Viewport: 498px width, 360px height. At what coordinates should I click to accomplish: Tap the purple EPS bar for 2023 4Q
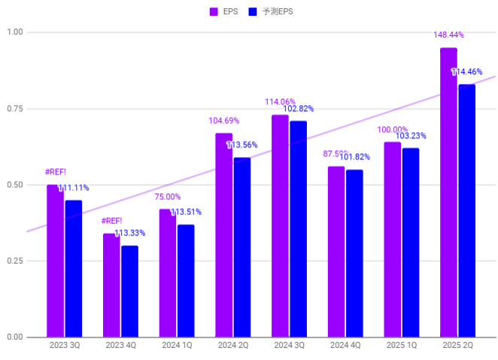(111, 286)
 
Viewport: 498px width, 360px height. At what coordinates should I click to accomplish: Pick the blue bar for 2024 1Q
(186, 281)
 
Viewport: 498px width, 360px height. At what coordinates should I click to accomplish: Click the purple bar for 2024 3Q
(280, 225)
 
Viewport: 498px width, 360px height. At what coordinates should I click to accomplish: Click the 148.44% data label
(448, 35)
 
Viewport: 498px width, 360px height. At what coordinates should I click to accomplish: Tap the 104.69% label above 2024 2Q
(223, 120)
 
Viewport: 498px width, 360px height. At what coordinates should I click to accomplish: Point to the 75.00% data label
(168, 197)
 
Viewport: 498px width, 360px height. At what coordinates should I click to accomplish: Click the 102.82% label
(299, 109)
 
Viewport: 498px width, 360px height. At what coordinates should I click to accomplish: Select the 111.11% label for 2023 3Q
(74, 188)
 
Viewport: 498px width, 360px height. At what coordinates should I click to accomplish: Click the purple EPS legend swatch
(214, 11)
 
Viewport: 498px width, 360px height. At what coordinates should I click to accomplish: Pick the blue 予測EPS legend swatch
(253, 11)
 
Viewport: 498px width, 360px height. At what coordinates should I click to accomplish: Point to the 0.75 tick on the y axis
(14, 109)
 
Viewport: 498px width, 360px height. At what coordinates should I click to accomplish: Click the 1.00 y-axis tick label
(14, 32)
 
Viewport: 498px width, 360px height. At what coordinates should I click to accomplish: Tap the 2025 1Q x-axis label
(401, 345)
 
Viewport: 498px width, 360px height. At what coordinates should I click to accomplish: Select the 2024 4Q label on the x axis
(345, 345)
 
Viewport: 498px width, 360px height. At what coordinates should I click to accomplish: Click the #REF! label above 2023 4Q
(111, 221)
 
